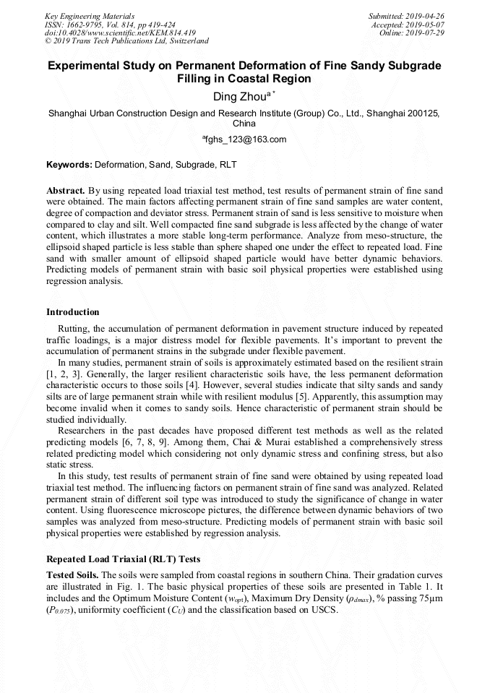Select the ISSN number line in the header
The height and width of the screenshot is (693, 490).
point(110,25)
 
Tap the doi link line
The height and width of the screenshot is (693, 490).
point(120,33)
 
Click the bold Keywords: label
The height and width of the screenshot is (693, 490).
point(70,165)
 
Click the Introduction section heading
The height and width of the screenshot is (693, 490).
point(73,312)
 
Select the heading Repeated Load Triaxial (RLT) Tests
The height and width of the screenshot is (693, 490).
point(123,559)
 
